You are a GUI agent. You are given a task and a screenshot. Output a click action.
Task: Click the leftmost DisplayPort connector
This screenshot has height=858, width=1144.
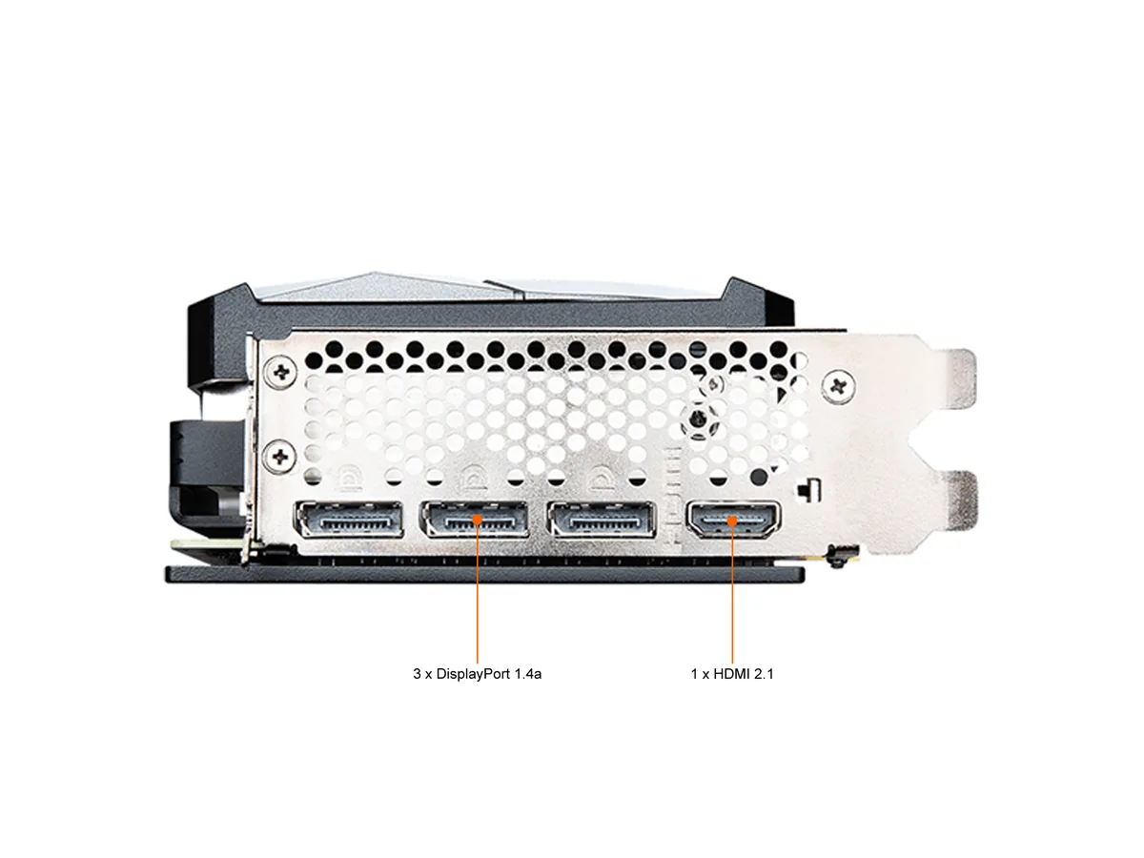(349, 519)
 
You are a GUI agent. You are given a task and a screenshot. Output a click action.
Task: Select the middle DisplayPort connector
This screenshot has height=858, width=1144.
(474, 519)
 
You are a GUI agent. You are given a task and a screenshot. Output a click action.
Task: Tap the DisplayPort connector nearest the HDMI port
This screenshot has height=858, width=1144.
(601, 519)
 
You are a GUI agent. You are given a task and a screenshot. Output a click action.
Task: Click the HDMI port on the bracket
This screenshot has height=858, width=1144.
(732, 519)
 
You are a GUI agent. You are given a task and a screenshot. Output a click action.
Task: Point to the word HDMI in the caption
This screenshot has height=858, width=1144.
(730, 674)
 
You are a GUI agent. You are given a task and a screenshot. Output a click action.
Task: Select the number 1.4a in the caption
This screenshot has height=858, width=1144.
(527, 674)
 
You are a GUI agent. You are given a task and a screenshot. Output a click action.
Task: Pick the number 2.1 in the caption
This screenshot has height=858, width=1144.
(763, 674)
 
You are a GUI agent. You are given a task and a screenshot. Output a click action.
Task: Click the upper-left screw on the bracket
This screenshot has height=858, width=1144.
(281, 372)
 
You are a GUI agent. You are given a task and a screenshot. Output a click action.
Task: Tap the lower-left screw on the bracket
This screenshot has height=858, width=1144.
(280, 457)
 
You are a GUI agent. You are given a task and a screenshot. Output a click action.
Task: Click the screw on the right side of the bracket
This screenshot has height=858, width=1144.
(838, 386)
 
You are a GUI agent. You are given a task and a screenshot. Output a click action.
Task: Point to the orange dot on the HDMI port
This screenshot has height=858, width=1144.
(732, 521)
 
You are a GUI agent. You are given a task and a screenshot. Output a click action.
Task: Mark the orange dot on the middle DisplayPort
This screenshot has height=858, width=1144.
(478, 520)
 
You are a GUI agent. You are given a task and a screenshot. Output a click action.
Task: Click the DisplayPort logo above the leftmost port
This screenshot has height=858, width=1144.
(349, 479)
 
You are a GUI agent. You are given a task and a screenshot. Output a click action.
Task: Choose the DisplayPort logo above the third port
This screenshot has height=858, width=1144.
(601, 479)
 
